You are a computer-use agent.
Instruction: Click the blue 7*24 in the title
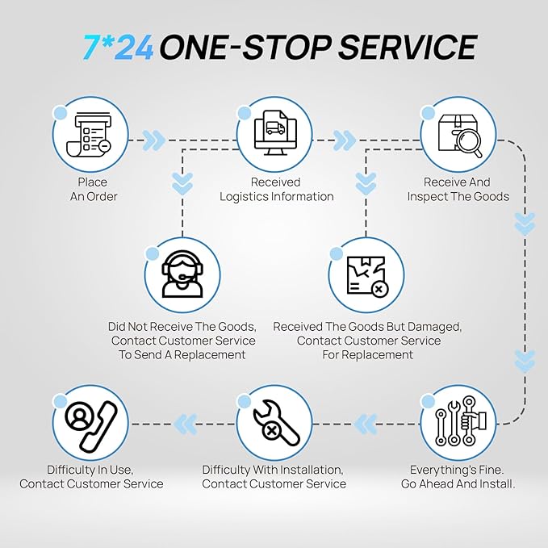118,47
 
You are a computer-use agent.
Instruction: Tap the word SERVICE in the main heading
407,47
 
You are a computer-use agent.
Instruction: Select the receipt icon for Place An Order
89,135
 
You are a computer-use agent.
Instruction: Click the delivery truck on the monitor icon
275,128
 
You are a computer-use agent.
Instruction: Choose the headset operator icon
182,274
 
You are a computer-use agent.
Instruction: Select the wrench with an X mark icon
276,423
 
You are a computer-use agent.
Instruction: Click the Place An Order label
94,189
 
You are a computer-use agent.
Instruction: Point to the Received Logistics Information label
277,189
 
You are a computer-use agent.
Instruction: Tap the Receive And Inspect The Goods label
458,189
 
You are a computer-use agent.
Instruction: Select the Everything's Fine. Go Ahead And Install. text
458,477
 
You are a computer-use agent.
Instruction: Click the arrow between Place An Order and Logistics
154,140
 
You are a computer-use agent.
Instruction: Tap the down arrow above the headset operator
182,184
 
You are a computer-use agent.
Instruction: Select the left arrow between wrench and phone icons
186,425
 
